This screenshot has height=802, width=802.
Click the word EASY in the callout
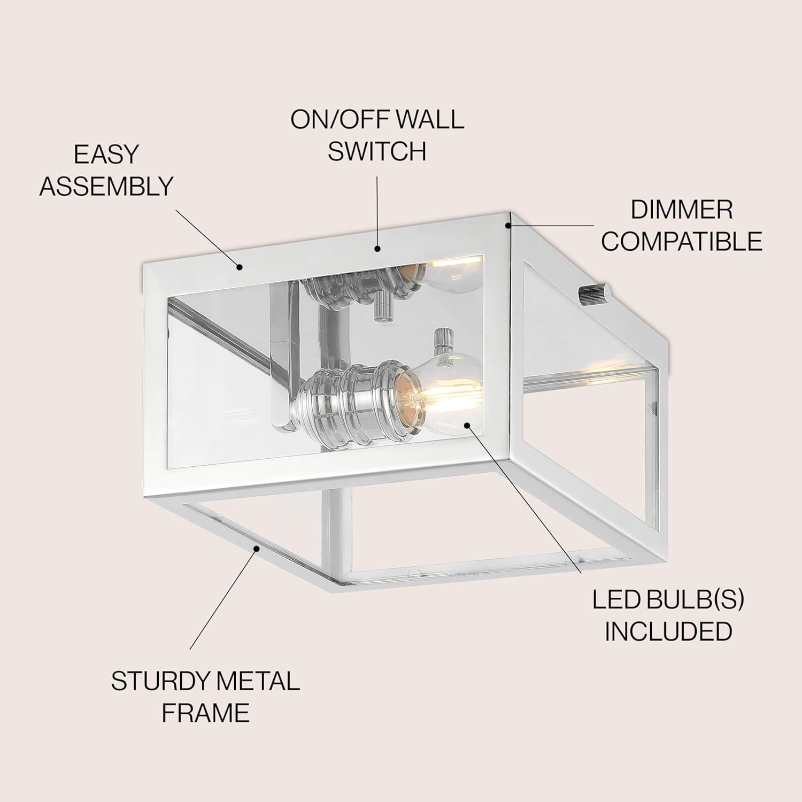[x=106, y=155]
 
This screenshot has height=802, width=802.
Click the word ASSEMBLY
[x=107, y=186]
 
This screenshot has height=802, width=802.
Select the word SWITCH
[x=377, y=151]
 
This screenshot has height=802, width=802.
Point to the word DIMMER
[x=682, y=210]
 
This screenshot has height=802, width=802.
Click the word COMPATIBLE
[x=682, y=242]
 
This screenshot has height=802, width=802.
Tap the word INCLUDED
[x=668, y=631]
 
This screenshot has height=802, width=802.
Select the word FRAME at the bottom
[x=206, y=713]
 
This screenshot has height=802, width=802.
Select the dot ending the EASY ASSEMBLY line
[x=240, y=266]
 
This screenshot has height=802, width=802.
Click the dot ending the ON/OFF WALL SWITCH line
[x=377, y=248]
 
